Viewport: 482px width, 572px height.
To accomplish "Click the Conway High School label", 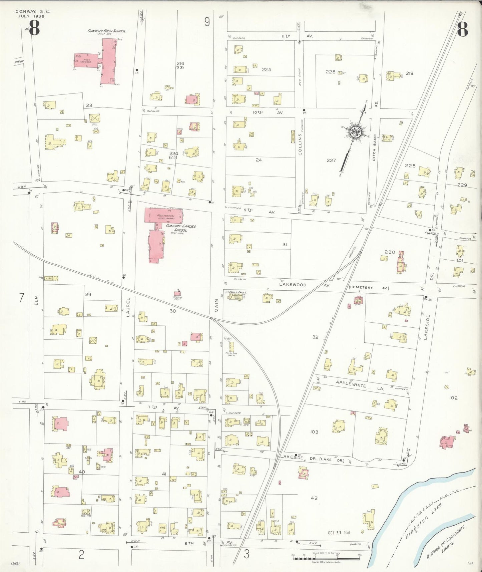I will click(x=106, y=31).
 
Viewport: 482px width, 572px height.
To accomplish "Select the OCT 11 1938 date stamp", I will click(x=339, y=532).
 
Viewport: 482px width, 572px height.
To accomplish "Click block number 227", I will click(x=331, y=161).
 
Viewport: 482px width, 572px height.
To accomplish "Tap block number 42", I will click(x=314, y=498).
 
